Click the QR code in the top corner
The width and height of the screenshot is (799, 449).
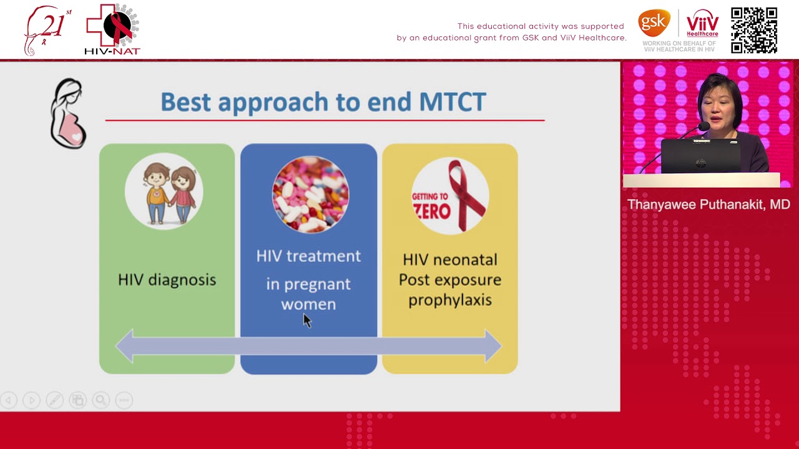pos(754,31)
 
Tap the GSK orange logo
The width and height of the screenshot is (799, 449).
pos(654,24)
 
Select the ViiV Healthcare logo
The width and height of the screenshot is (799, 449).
pos(702,24)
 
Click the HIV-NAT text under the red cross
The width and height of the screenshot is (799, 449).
pos(112,51)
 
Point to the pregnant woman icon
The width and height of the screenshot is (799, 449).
pos(68,113)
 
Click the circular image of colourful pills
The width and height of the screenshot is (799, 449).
pos(310,194)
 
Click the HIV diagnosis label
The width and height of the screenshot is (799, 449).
pos(167,280)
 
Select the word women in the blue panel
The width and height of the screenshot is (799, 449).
pos(308,304)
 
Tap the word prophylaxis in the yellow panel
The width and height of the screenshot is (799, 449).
pos(449,301)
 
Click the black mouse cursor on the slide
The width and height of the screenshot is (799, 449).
pos(306,321)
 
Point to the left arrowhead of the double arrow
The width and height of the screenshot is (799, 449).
pos(125,346)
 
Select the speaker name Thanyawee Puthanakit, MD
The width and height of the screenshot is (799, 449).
pos(708,205)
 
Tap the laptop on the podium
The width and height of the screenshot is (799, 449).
pos(700,156)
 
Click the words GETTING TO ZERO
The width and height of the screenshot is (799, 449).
pos(431,205)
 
